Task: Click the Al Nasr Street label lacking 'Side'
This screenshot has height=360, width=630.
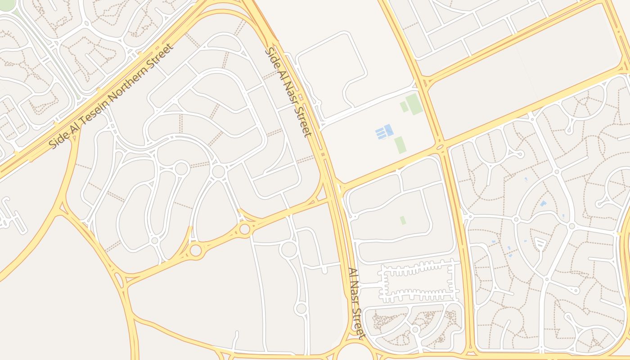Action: tap(356, 303)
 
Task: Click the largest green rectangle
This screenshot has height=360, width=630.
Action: tap(414, 104)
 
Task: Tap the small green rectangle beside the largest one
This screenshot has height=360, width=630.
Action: tap(404, 107)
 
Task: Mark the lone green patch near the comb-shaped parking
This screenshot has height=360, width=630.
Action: tap(403, 220)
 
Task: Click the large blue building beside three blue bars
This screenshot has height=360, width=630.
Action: tap(388, 130)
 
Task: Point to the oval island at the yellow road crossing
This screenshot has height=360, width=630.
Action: tap(440, 147)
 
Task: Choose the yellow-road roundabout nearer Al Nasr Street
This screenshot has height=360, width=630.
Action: tap(244, 229)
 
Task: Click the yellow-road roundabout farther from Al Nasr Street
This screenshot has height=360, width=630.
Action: tap(196, 250)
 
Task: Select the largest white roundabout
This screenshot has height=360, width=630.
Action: tap(288, 249)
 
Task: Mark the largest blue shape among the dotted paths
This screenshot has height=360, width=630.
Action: tap(543, 204)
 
